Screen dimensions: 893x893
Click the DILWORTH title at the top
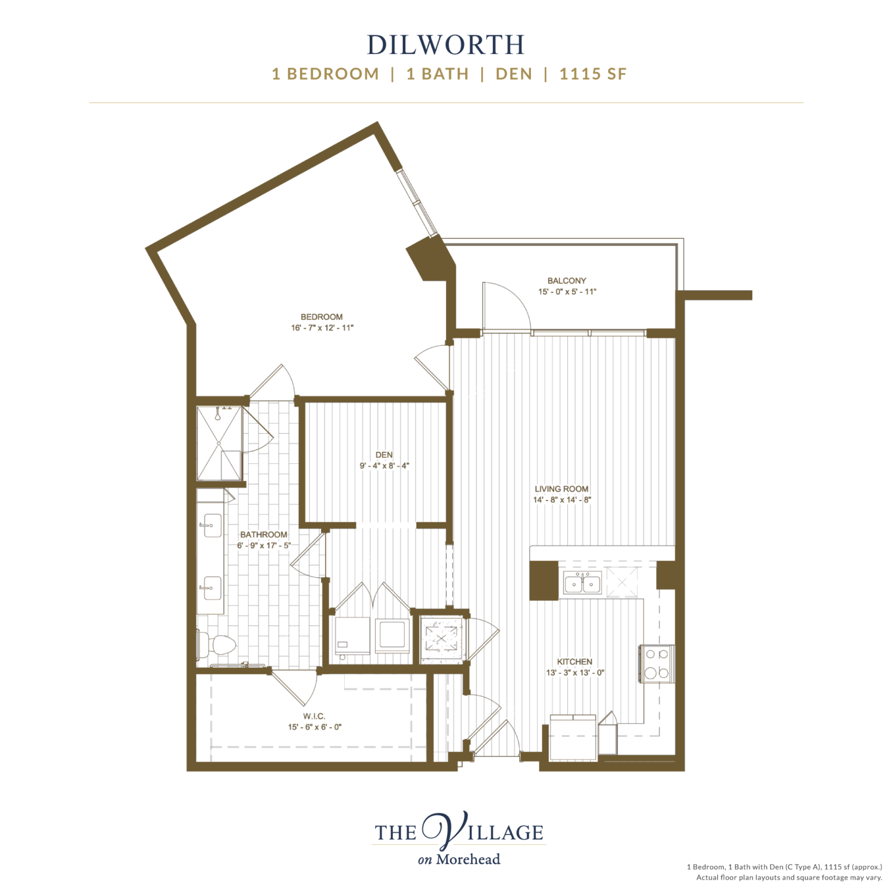(x=446, y=45)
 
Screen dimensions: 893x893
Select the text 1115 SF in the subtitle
(x=593, y=74)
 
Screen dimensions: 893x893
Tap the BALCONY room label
(x=566, y=280)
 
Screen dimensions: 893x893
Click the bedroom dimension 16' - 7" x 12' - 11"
(x=322, y=328)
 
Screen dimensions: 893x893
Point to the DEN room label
(x=384, y=455)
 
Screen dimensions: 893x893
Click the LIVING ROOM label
(x=562, y=489)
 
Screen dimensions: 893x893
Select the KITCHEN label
(x=574, y=662)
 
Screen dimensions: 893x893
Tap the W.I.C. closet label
(x=314, y=716)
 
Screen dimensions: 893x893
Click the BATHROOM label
(x=263, y=534)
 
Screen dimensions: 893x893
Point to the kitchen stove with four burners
(x=657, y=664)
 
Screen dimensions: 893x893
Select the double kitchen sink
(x=583, y=583)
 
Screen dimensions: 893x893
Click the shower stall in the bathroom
(x=219, y=444)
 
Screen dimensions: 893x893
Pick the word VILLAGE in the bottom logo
(x=488, y=832)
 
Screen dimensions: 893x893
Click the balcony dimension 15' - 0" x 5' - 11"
(x=567, y=292)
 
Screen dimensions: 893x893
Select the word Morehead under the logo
(x=468, y=859)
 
